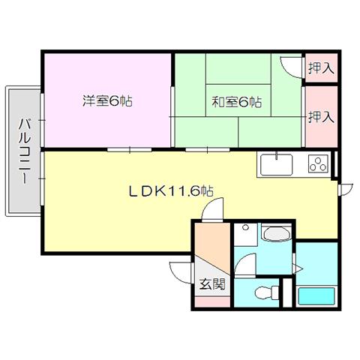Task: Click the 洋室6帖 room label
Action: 107,101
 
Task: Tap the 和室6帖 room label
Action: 237,102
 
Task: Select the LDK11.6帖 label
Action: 171,191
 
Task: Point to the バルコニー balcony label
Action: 25,151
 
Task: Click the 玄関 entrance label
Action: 212,284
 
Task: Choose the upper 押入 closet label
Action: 322,68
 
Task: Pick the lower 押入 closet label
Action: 322,117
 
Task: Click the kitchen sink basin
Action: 276,164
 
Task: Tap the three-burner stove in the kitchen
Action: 318,164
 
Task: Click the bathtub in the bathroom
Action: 316,296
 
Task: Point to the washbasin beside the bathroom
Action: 277,234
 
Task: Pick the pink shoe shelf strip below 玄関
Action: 212,301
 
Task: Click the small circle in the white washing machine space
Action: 245,227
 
